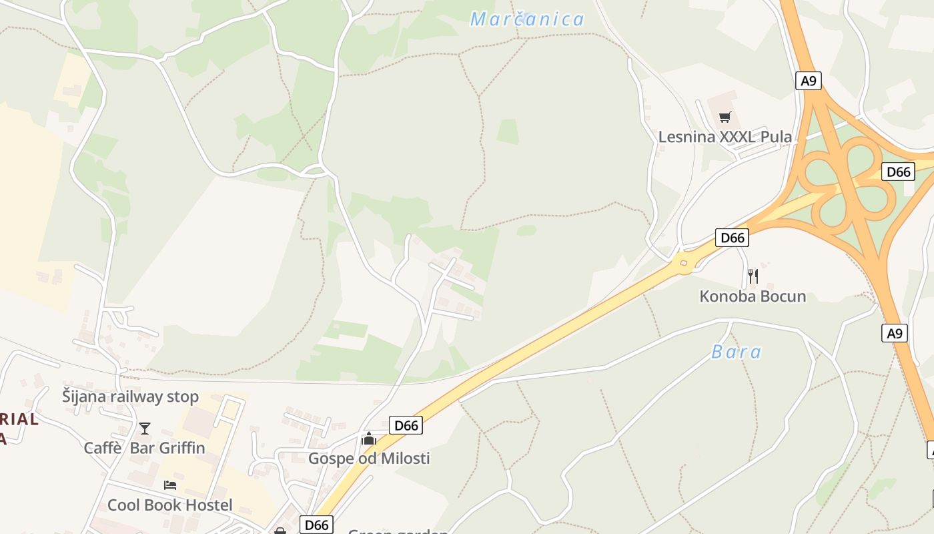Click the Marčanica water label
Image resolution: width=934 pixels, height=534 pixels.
pos(527,19)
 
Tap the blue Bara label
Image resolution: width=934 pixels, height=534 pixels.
pos(736,352)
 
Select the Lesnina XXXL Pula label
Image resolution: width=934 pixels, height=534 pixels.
pos(725,137)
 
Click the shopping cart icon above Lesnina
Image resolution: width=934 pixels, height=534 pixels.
pos(725,117)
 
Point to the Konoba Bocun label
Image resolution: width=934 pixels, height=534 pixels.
pos(753,296)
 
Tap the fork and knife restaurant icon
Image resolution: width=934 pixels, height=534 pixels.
pos(753,276)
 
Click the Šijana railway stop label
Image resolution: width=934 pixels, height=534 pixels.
pos(130,396)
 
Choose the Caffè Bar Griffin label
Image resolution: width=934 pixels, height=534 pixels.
pos(144,447)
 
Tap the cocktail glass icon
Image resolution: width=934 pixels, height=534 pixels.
pos(145,428)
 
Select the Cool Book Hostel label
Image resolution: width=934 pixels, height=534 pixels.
pos(169,505)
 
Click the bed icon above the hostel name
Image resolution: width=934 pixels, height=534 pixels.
pos(170,485)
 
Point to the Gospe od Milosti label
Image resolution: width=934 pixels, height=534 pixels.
pos(368,458)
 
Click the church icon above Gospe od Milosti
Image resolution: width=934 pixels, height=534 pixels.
pos(368,439)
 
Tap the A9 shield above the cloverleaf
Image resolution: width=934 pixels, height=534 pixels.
pos(808,81)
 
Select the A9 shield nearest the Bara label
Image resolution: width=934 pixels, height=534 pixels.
pos(895,332)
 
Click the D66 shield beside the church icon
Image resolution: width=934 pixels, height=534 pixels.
pos(406,425)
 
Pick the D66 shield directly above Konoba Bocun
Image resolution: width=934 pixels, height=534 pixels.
pos(732,237)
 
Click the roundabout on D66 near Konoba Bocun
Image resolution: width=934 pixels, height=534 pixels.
pos(683,263)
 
